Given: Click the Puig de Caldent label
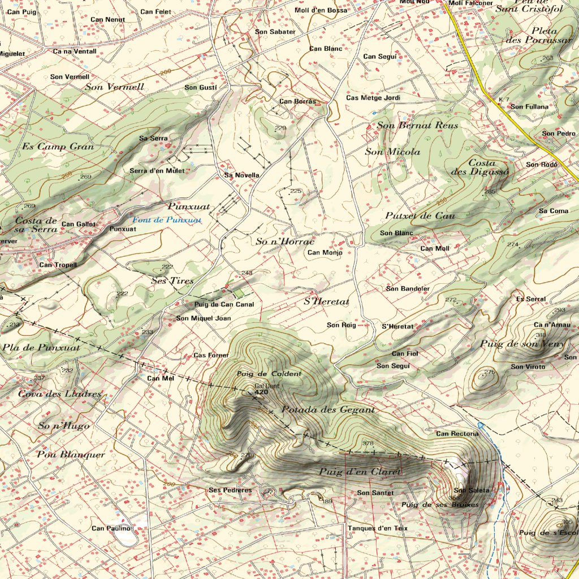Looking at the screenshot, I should (x=269, y=374).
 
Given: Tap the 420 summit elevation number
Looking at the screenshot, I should (x=261, y=392).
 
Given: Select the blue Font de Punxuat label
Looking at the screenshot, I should (x=166, y=219).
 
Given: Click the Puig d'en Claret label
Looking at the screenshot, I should (x=360, y=472).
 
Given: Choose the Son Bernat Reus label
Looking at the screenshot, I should (x=417, y=125).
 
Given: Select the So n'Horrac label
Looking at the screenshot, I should (x=284, y=241).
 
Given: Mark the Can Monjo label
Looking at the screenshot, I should (x=325, y=253).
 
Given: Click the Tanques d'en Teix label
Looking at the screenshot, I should (x=377, y=528).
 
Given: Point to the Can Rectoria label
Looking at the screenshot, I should (x=457, y=434).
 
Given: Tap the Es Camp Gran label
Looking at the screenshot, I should (x=58, y=146).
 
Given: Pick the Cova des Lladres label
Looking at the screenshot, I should (x=59, y=394).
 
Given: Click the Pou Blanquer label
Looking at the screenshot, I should (x=71, y=454).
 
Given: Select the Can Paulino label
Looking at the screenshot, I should (x=111, y=528).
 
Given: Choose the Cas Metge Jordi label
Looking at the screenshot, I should (x=373, y=98).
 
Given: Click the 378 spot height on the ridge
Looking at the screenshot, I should (x=368, y=443).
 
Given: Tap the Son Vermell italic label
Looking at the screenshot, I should (x=114, y=87).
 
